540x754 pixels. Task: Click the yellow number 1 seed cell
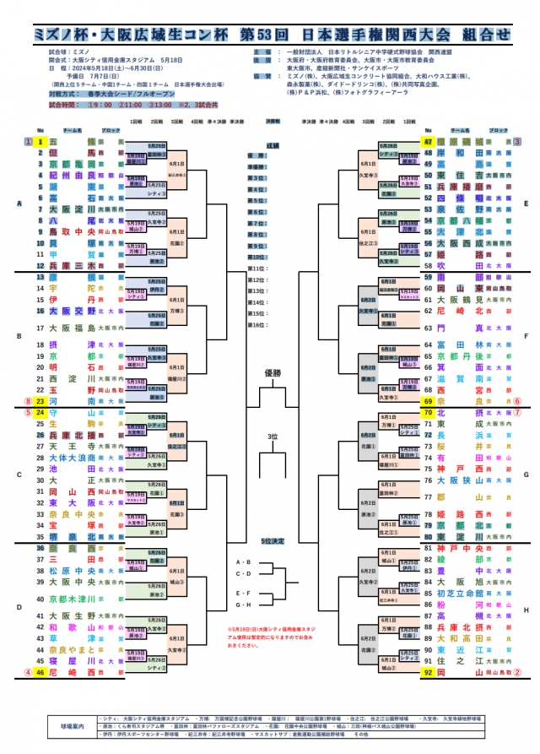tap(39, 141)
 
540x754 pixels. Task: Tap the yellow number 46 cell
tap(39, 672)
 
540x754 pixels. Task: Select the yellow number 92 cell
tap(429, 672)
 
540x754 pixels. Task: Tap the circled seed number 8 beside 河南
tap(28, 402)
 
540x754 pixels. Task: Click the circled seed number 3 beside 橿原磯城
tap(517, 142)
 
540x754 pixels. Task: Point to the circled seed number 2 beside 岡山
tap(517, 672)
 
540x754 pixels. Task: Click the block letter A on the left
tap(19, 203)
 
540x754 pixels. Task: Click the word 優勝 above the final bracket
tap(272, 372)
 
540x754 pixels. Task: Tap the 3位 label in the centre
tap(272, 436)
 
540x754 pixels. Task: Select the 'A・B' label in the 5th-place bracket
tap(243, 561)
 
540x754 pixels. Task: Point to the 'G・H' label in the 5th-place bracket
tap(243, 605)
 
